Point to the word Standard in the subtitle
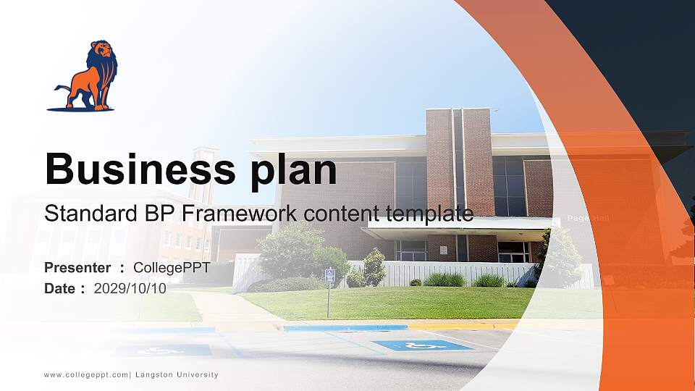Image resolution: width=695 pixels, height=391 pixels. pos(84,214)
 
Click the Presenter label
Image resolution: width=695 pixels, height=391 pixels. pos(77,268)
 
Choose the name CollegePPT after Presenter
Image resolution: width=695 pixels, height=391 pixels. pos(172,268)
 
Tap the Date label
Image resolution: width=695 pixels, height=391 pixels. pos(61,288)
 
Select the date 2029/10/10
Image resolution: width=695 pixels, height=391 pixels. pos(130,288)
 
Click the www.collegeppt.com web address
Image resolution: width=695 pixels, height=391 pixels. pos(86,375)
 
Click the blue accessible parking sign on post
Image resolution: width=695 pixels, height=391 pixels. pos(329,275)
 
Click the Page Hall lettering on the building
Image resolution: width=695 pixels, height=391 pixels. pos(587,218)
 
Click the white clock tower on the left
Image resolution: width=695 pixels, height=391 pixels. pos(203,174)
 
